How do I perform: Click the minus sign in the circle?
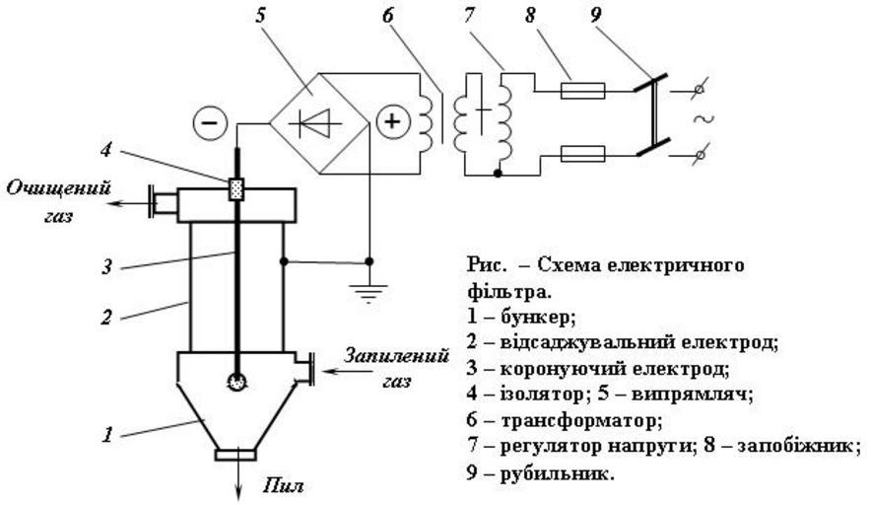[214, 124]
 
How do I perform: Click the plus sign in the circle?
[391, 122]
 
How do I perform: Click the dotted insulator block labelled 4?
[235, 188]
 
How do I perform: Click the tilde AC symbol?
[705, 120]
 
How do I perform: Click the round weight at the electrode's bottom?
[236, 381]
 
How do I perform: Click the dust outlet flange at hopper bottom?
[236, 455]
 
